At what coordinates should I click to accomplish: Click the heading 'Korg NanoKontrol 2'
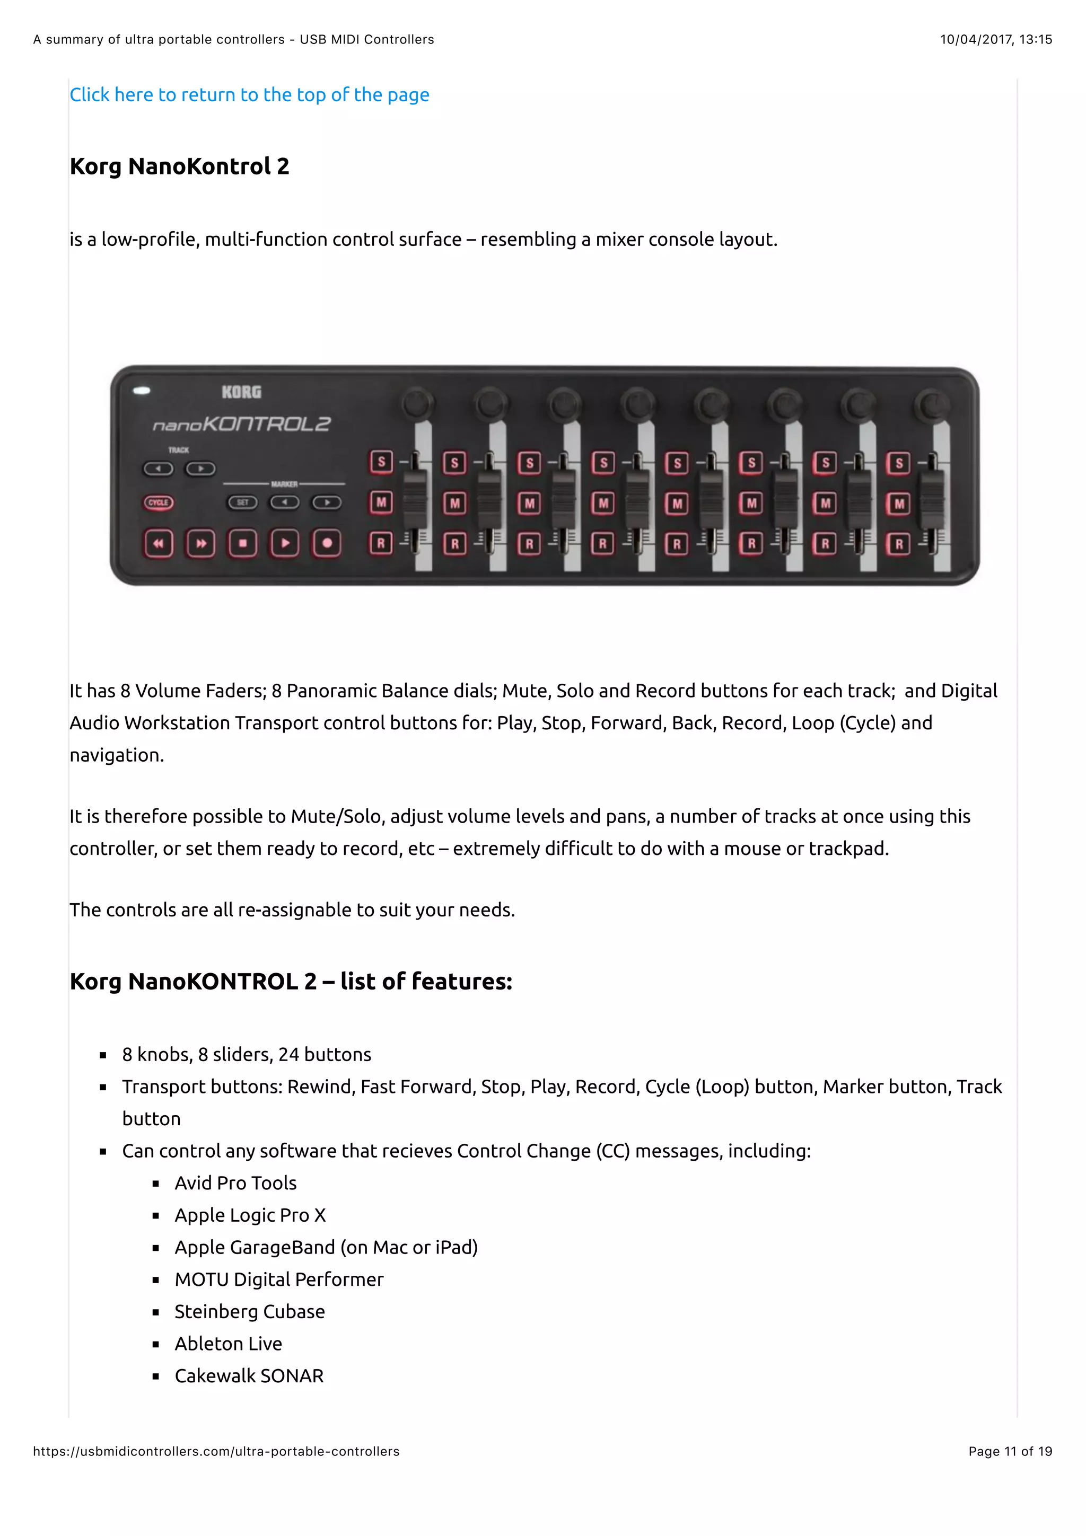[x=179, y=166]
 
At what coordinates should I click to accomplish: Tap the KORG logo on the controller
[x=242, y=392]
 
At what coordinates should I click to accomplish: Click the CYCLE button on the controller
[x=159, y=502]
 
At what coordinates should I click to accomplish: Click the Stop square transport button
[x=243, y=543]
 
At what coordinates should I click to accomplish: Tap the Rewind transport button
[x=159, y=543]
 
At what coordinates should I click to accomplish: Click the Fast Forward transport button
[x=201, y=543]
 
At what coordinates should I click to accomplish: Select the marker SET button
[x=242, y=502]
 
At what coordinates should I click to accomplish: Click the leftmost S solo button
[x=381, y=462]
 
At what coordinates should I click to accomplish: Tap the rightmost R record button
[x=899, y=544]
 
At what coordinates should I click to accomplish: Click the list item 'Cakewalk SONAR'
[x=249, y=1375]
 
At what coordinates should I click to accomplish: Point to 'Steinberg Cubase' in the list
[x=250, y=1311]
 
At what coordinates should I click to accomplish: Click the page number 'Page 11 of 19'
[x=1010, y=1451]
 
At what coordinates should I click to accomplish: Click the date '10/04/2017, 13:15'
[x=996, y=39]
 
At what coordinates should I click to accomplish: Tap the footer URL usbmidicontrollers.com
[x=216, y=1451]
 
